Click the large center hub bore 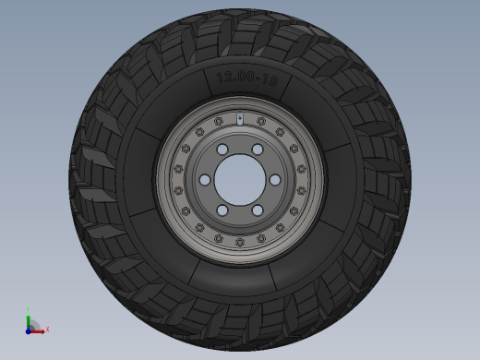point(240,179)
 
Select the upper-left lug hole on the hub point(222,150)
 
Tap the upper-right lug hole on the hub point(258,150)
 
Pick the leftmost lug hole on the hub point(205,180)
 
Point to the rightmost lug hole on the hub point(275,180)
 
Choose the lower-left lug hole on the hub point(222,210)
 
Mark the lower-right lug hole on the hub point(258,210)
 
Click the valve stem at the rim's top point(240,118)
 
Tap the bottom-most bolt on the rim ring point(240,242)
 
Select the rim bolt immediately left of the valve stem point(219,121)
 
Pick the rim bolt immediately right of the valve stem point(261,121)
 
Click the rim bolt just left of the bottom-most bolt point(219,238)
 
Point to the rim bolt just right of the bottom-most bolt point(261,238)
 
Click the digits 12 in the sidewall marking point(222,78)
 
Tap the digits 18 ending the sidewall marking point(270,81)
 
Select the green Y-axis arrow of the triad point(29,319)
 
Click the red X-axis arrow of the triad point(38,330)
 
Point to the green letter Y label point(29,310)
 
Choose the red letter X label point(47,329)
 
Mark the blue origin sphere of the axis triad point(29,330)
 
